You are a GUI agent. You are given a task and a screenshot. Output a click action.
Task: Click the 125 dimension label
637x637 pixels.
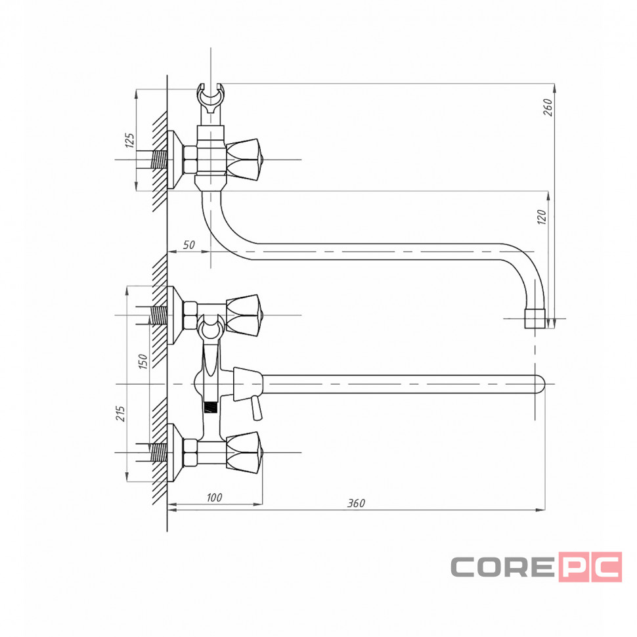(x=129, y=140)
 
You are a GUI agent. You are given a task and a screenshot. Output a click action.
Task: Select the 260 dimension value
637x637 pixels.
(x=548, y=107)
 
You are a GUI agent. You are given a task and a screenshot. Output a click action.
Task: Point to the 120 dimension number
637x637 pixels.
(x=542, y=217)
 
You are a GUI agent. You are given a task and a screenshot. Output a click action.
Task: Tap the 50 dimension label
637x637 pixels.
(x=189, y=245)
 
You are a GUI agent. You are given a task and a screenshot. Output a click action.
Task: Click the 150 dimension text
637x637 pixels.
(x=143, y=361)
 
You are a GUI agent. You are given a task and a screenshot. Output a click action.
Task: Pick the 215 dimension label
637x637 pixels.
(x=121, y=413)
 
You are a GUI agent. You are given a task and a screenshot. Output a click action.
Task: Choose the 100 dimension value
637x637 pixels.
(x=214, y=497)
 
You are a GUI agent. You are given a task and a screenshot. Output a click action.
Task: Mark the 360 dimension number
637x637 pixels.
(x=357, y=503)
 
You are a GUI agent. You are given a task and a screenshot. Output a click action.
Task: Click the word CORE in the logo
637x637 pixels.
(x=502, y=567)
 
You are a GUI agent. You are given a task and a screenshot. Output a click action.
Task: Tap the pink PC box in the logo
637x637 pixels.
(x=590, y=567)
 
